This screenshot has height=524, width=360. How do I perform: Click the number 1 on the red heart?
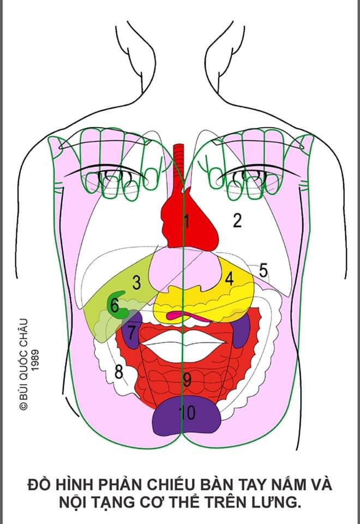[x=186, y=222]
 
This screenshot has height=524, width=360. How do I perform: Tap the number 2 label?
[x=237, y=221]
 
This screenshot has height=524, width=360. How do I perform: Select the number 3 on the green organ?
[x=136, y=283]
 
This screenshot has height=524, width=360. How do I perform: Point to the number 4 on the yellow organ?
[x=229, y=279]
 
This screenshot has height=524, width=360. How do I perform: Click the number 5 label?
[x=263, y=270]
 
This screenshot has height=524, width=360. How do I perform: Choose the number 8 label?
[x=118, y=372]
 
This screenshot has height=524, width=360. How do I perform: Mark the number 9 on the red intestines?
[x=187, y=379]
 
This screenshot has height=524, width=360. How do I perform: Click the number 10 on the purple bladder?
[x=187, y=413]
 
